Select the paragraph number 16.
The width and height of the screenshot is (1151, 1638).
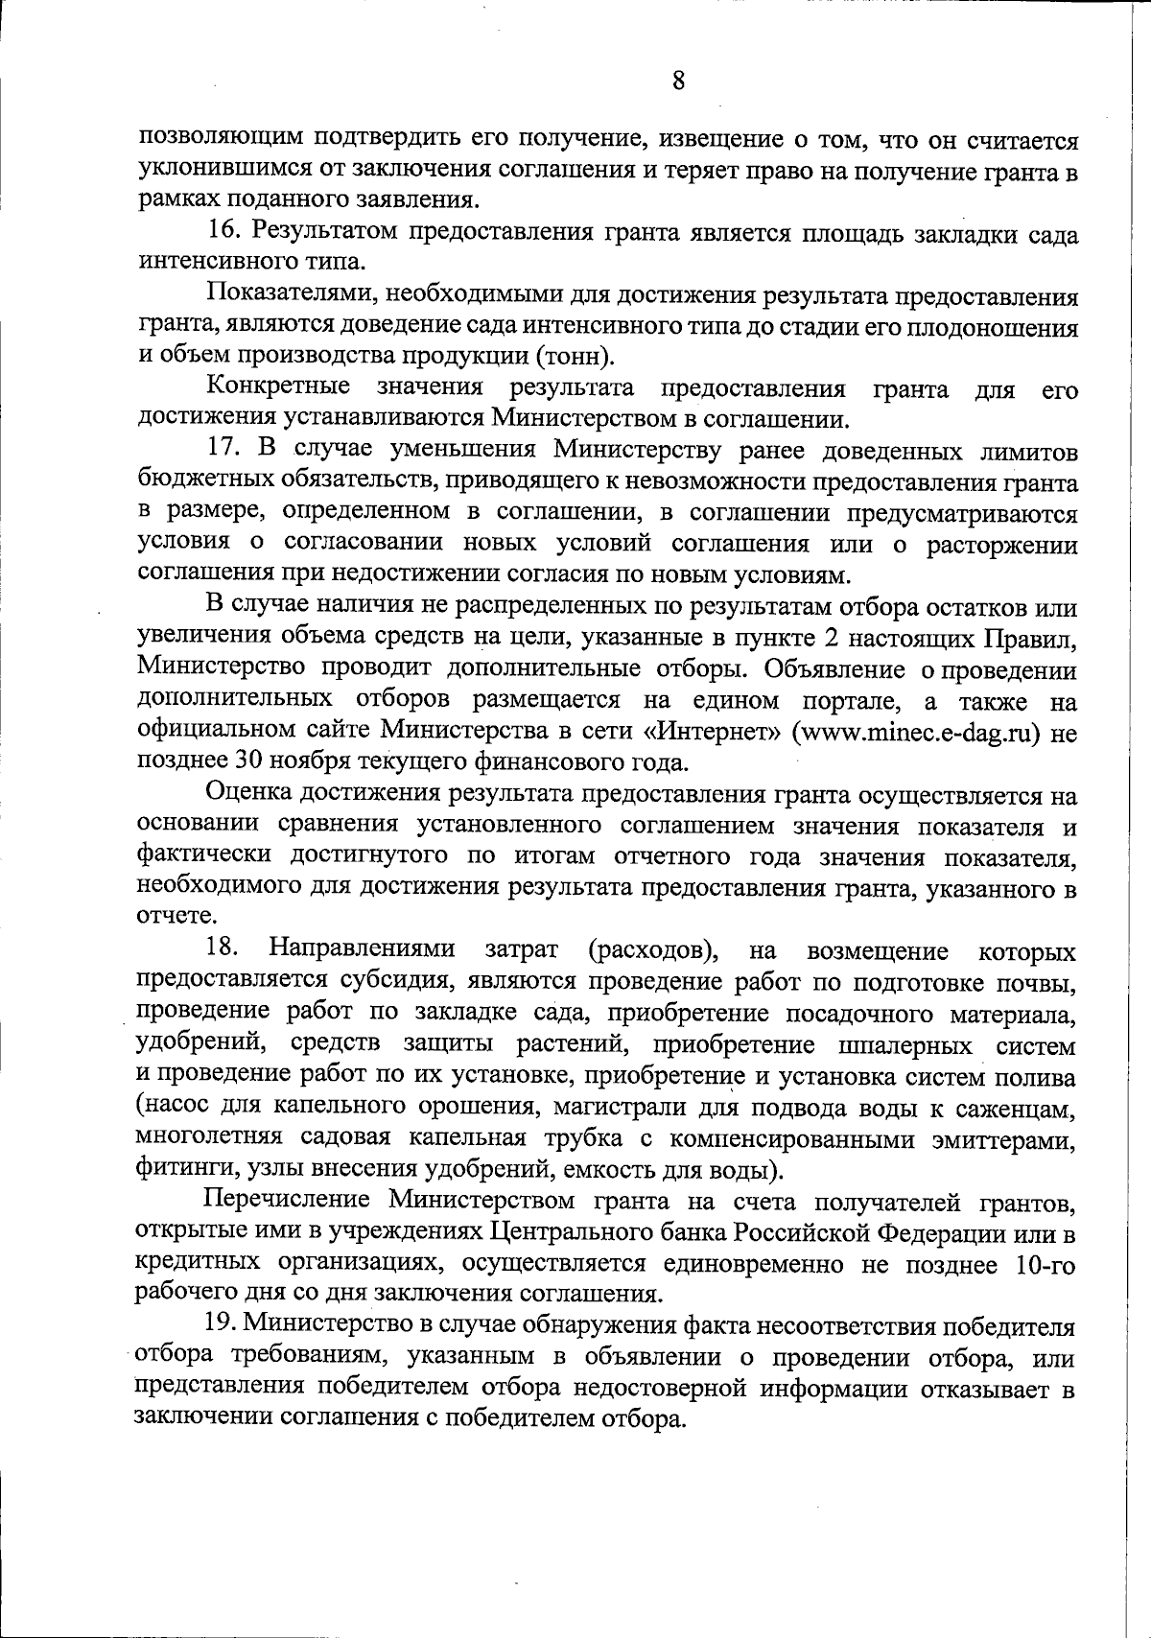(223, 234)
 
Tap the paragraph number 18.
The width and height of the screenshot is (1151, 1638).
(223, 949)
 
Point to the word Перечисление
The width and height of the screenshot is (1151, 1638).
(288, 1201)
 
